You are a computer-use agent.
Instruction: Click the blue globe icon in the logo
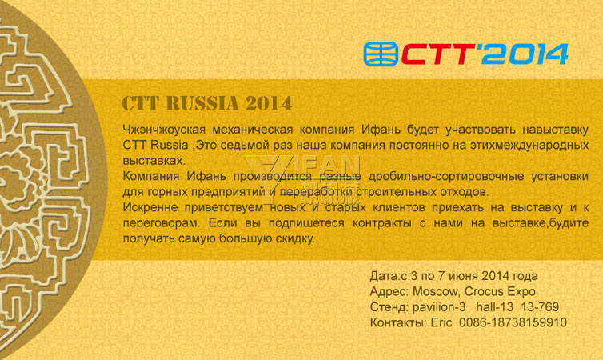point(381,54)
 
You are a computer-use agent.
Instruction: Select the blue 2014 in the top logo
point(525,54)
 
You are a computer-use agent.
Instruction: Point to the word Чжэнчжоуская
point(164,130)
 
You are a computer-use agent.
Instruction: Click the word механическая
point(253,130)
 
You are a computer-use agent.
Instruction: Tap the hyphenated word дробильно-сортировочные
point(446,176)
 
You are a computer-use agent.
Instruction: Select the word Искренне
point(150,207)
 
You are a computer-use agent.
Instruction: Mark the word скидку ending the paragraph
point(294,238)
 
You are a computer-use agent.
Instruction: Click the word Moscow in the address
point(435,291)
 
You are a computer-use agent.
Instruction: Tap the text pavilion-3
point(439,307)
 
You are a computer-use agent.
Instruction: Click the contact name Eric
point(441,322)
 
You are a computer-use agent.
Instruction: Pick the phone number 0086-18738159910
point(513,322)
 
